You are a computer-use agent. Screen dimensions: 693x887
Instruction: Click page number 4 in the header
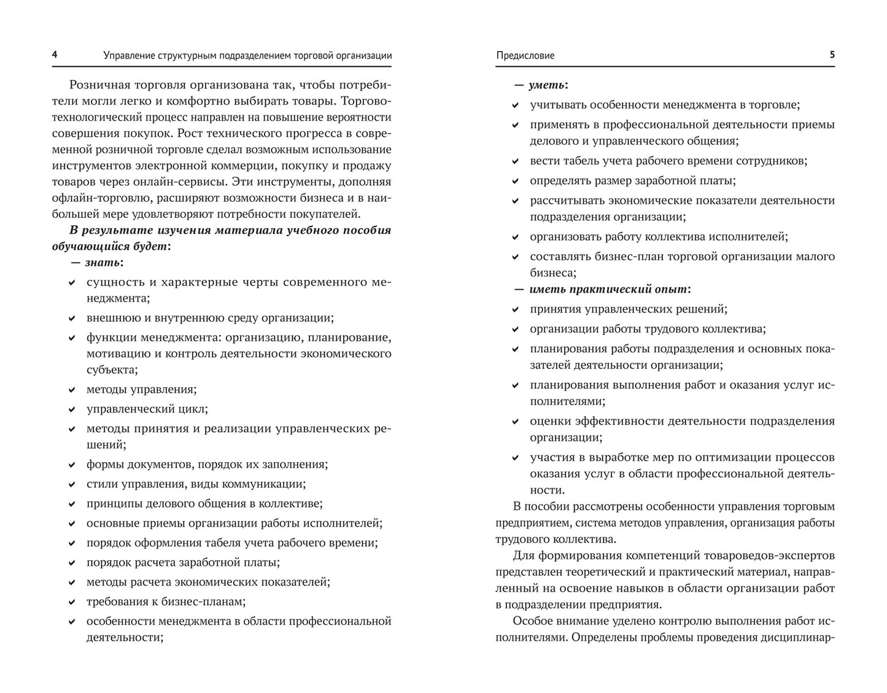(55, 55)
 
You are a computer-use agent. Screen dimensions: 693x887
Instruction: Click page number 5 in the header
(832, 55)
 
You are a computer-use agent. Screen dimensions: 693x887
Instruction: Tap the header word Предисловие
(525, 55)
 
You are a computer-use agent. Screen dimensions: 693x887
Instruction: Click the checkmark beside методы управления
(72, 390)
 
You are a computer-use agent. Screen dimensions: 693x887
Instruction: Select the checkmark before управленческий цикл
(72, 409)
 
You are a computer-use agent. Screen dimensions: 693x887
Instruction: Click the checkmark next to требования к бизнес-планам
(72, 602)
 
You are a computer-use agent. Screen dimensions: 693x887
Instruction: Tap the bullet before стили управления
(72, 484)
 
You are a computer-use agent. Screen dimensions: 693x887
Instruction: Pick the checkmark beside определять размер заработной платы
(516, 181)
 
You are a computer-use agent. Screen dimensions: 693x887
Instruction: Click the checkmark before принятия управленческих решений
(516, 310)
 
